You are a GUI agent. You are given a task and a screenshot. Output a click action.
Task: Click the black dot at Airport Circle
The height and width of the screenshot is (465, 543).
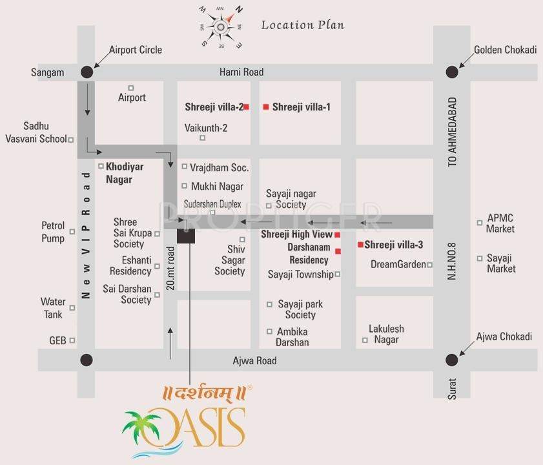[87, 72]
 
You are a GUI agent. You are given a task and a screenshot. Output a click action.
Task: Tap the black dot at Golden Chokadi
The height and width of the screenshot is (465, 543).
[451, 72]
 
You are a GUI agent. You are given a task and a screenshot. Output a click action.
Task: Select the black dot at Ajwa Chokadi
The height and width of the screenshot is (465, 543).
[451, 360]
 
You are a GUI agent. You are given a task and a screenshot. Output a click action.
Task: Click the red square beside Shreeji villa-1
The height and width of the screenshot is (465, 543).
[265, 107]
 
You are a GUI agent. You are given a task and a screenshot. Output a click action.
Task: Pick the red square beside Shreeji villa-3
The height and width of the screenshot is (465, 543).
[360, 245]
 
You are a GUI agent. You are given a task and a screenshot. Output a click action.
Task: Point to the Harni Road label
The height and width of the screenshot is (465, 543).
[241, 72]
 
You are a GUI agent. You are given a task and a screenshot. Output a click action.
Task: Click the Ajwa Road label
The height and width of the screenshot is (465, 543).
[254, 360]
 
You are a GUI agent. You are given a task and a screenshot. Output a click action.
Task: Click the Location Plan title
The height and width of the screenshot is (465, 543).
[302, 25]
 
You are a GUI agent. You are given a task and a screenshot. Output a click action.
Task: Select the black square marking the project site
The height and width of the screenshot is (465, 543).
[186, 235]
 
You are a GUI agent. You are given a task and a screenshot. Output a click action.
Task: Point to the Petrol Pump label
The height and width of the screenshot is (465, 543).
[54, 232]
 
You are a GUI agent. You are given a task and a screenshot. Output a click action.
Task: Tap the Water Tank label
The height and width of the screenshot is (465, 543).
[53, 308]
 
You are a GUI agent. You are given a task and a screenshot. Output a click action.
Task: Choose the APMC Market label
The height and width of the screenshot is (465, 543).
[500, 223]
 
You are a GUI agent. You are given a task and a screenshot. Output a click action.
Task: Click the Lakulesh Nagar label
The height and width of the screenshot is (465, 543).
[386, 335]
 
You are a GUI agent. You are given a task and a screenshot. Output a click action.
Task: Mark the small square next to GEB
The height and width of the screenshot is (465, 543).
[72, 340]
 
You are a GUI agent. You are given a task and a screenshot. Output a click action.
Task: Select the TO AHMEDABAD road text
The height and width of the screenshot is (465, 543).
[453, 132]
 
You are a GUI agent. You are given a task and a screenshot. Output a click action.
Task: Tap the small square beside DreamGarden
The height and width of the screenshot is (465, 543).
[429, 264]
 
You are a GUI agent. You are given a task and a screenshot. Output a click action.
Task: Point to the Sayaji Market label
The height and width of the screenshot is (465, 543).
[501, 263]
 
